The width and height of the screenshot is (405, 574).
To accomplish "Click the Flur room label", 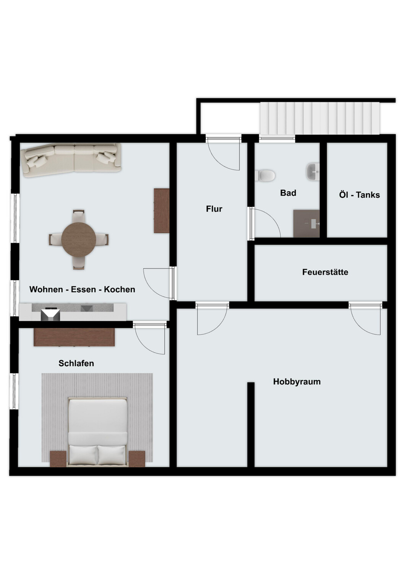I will (x=214, y=209).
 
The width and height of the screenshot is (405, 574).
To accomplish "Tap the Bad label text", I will (x=288, y=193).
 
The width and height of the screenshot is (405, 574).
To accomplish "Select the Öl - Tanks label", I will (x=359, y=195).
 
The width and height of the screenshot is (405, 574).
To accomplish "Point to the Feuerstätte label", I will (x=325, y=272).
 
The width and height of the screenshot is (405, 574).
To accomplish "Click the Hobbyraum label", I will (x=296, y=382).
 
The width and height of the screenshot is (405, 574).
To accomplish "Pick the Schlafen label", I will (x=76, y=363).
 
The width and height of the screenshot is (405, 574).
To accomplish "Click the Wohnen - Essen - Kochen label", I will (x=82, y=289).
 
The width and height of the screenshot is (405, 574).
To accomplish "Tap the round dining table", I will (x=79, y=240).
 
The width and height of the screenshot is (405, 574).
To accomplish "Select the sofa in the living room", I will (x=72, y=160).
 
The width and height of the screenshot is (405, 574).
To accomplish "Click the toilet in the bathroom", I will (x=267, y=176).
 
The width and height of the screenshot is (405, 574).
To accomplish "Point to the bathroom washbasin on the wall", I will (x=313, y=171).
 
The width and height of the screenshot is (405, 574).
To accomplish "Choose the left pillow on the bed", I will (x=83, y=455).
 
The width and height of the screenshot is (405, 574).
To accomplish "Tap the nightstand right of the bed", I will (x=137, y=458).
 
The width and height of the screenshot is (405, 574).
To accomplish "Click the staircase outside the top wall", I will (x=320, y=118).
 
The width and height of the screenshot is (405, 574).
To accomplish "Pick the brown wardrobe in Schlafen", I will (x=74, y=337).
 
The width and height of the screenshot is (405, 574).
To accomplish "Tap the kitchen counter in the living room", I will (x=73, y=311).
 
